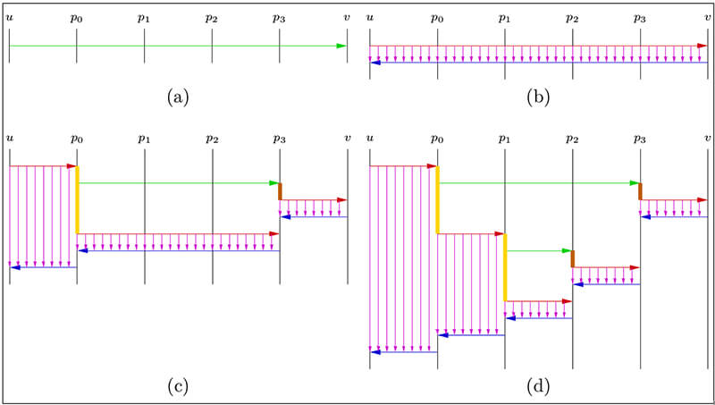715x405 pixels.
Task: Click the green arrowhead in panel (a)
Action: (x=342, y=46)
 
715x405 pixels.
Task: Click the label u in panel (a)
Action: (x=9, y=17)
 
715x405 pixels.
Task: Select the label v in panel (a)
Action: (x=347, y=17)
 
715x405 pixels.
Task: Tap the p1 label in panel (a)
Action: (x=145, y=18)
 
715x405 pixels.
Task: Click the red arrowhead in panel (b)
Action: (x=702, y=46)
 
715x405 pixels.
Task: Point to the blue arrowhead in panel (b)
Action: (x=375, y=62)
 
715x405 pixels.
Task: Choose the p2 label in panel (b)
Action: (x=572, y=18)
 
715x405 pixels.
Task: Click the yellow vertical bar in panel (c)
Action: (x=78, y=199)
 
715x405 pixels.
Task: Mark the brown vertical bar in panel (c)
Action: (x=280, y=191)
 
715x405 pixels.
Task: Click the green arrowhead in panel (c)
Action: (x=274, y=182)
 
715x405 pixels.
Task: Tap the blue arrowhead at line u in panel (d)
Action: (x=375, y=352)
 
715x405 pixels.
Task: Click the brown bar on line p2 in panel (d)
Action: (x=572, y=259)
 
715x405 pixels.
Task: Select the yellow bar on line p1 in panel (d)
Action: (x=505, y=266)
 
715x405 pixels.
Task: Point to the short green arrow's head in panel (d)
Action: (x=567, y=251)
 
